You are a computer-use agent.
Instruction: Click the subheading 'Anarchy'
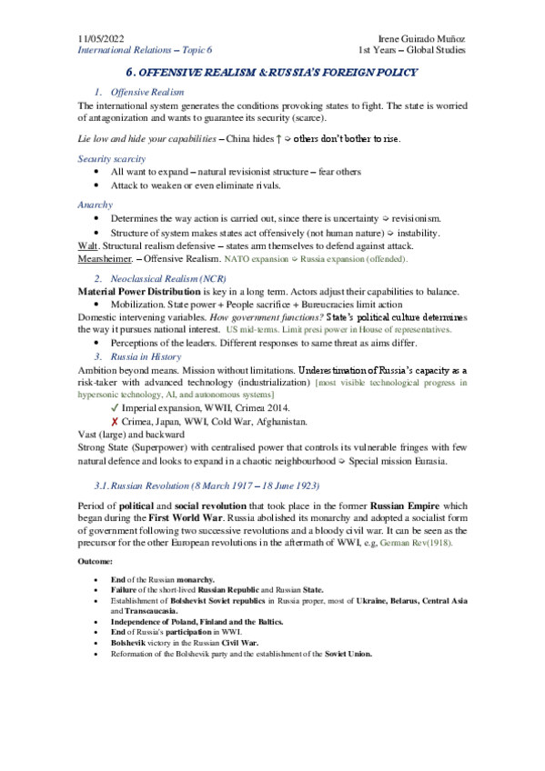[x=96, y=205]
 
